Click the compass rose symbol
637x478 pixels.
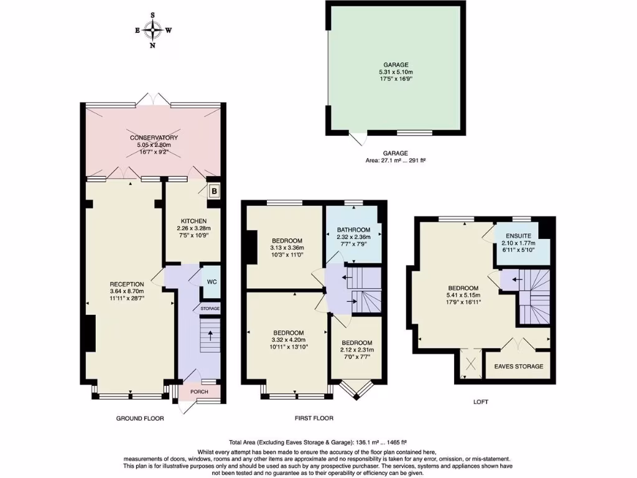(152, 29)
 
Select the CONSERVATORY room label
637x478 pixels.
(154, 138)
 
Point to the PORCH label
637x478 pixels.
(199, 391)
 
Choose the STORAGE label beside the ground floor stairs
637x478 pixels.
(210, 308)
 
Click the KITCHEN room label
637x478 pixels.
(193, 221)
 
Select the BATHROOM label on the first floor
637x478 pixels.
(353, 230)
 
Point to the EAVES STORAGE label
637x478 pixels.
(518, 366)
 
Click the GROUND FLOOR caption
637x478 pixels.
(140, 418)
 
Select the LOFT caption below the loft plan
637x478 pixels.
(481, 402)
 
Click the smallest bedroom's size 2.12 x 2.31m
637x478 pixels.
(356, 350)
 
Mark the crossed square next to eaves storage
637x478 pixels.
(470, 365)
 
